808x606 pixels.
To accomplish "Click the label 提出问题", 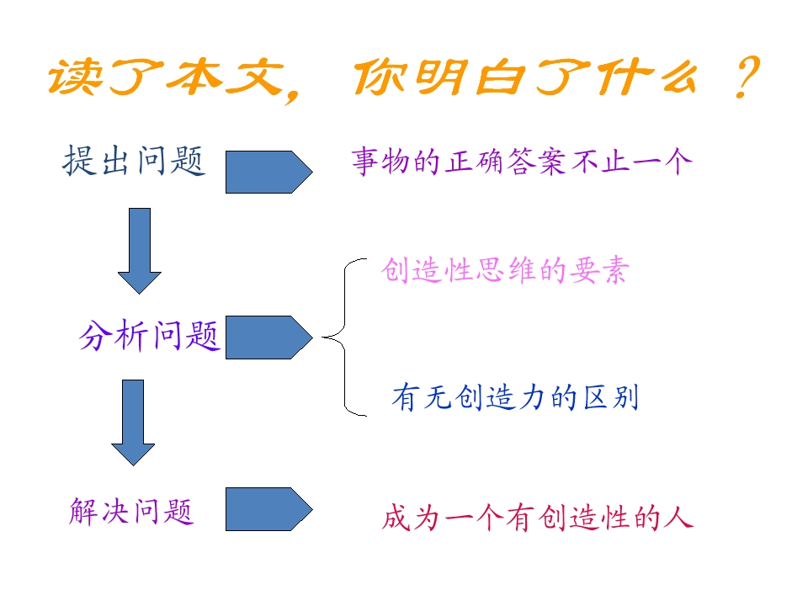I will tap(134, 160).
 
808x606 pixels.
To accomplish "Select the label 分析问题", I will tap(150, 337).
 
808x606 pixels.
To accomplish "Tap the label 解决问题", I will tap(131, 511).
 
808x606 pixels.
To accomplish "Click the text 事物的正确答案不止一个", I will tap(522, 162).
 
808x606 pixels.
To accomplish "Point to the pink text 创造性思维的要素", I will tap(504, 271).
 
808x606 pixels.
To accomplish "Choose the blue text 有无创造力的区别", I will tap(515, 397).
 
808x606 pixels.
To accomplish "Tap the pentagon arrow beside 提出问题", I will tap(268, 172).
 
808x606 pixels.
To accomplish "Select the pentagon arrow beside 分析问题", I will tap(268, 338).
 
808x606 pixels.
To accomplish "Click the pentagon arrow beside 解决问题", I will tap(268, 509).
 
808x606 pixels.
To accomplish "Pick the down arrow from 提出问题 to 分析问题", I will tap(139, 250).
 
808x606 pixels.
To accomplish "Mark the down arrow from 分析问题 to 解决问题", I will tap(133, 422).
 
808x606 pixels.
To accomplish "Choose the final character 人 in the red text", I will tap(677, 517).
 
